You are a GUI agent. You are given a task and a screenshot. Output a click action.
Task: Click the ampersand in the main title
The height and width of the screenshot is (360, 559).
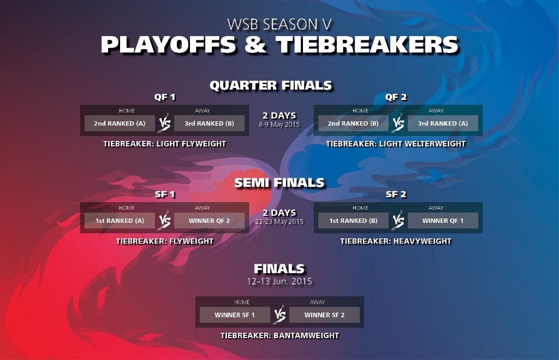[x=255, y=45]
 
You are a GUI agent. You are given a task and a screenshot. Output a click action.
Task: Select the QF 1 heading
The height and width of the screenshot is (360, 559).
[x=165, y=97]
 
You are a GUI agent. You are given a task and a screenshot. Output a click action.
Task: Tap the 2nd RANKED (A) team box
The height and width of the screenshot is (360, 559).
[x=120, y=123]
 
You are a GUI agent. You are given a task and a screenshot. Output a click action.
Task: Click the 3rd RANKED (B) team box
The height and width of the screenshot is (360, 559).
[x=209, y=123]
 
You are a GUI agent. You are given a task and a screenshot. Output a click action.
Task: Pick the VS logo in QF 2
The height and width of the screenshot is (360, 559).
[x=398, y=123]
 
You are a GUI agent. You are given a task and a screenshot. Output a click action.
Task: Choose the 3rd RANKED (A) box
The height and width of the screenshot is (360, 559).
[x=443, y=123]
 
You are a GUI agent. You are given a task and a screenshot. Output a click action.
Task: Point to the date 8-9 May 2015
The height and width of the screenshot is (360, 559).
[x=279, y=125]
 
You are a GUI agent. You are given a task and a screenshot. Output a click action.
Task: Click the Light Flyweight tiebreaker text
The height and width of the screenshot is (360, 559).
[x=165, y=144]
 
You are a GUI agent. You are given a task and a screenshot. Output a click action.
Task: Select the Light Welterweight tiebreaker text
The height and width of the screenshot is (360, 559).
[x=396, y=144]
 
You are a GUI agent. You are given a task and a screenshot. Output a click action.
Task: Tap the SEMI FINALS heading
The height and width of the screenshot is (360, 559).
[x=279, y=182]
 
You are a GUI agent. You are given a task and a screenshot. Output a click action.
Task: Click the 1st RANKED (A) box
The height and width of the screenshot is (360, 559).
[x=120, y=221]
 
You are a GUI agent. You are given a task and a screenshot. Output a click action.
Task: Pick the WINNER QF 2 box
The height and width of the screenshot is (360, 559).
[x=209, y=221]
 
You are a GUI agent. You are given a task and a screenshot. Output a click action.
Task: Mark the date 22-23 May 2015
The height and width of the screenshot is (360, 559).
[x=279, y=222]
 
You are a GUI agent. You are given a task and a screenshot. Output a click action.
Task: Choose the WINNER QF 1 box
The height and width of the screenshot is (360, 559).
[x=443, y=221]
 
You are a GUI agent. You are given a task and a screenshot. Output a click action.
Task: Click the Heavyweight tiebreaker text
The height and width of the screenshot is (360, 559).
[x=396, y=241]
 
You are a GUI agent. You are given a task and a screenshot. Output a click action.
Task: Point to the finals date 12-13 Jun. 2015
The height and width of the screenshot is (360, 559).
[x=279, y=281]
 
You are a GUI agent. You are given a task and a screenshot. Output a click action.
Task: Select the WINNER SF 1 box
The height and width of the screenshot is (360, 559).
[x=235, y=315]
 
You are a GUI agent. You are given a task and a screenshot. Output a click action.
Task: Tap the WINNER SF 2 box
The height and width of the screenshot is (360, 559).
[x=324, y=315]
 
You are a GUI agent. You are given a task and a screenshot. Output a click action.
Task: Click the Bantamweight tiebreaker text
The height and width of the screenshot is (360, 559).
[x=279, y=335]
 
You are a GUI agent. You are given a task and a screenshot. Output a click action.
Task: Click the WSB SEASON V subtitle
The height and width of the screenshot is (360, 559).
[x=279, y=24]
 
